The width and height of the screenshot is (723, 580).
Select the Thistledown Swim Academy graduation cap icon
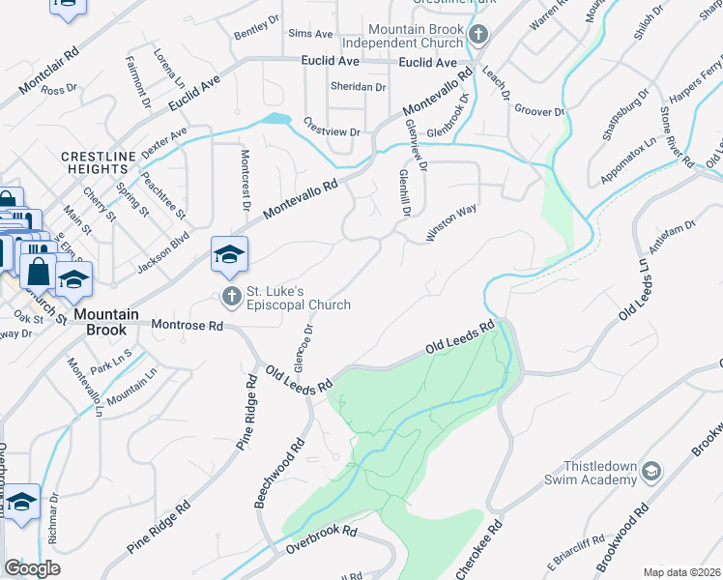point(651,470)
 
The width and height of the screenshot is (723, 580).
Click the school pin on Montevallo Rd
point(230,254)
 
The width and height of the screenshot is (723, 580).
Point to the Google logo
point(32,567)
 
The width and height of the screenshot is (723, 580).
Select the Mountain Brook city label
point(101,322)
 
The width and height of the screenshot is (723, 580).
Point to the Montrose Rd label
point(187,327)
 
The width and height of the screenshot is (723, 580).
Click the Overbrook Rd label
point(321,541)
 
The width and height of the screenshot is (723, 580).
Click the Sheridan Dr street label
point(359,86)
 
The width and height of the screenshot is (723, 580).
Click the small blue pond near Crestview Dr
point(275,119)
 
